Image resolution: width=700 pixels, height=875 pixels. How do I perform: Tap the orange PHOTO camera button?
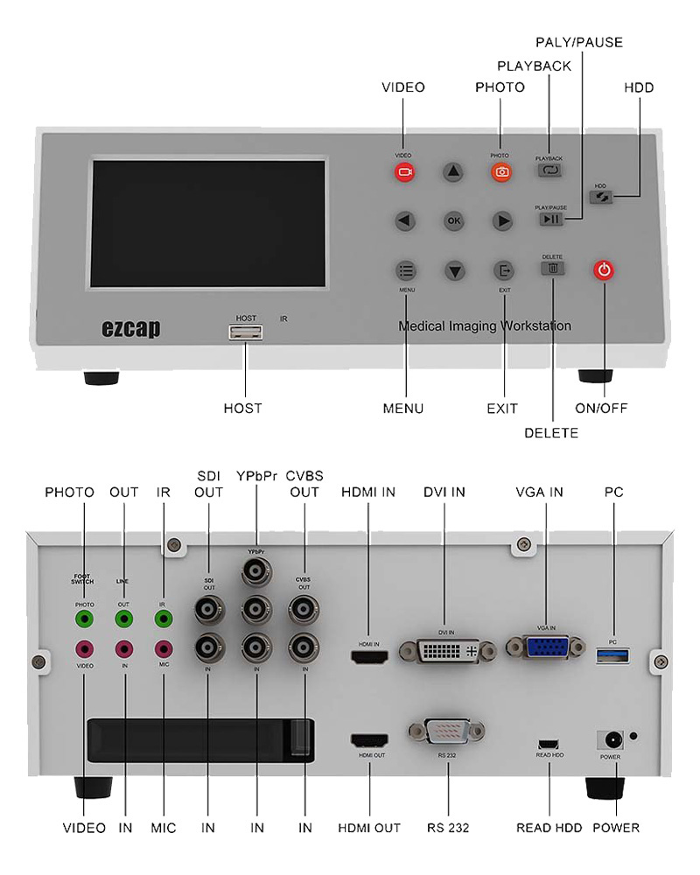coord(501,172)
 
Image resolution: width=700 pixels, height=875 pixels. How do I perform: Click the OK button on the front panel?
coord(453,221)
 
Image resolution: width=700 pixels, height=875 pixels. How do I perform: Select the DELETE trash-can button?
coord(552,269)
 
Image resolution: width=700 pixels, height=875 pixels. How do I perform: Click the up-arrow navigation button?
coord(452,172)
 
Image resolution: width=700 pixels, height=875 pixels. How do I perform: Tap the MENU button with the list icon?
coord(405,270)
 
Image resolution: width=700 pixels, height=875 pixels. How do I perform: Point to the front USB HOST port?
coord(246,332)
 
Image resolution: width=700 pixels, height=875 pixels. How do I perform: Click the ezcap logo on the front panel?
coord(130,329)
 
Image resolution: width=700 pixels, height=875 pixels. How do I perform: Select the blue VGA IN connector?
coord(546,648)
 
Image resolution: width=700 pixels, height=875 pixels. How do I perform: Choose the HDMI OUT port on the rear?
coord(369,740)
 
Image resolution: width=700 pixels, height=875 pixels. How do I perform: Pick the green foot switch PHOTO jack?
coord(84,619)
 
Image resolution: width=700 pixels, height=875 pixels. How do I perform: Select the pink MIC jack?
coord(164,649)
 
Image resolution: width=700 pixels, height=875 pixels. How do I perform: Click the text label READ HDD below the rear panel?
coord(549,827)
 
